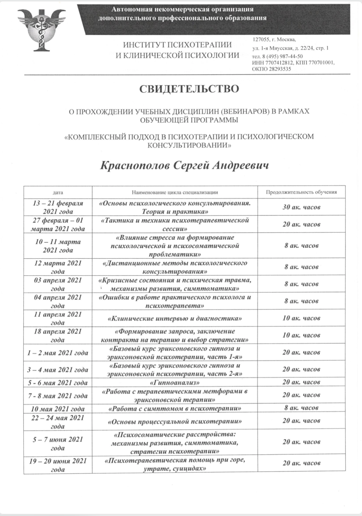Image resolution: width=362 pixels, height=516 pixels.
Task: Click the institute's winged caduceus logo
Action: (x=39, y=29)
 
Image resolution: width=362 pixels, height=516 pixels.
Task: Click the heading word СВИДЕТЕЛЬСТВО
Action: (x=189, y=89)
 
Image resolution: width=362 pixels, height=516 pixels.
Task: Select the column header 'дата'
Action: (x=58, y=192)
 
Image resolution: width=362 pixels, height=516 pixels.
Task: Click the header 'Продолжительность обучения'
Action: (x=301, y=192)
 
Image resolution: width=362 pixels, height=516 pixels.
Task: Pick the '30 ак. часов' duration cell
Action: (x=301, y=207)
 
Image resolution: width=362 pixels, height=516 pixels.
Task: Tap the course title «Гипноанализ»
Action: (x=175, y=383)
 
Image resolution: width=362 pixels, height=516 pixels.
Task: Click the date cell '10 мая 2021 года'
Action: (x=58, y=409)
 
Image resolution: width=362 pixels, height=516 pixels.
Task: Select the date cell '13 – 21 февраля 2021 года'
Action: (x=58, y=207)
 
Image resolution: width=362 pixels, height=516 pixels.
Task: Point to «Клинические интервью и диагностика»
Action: (x=175, y=318)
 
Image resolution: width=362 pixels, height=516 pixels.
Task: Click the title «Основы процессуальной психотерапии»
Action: (x=175, y=422)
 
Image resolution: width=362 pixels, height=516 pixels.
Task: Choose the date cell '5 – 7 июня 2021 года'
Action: (x=58, y=444)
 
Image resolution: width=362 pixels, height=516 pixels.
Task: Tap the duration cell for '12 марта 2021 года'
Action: (x=301, y=267)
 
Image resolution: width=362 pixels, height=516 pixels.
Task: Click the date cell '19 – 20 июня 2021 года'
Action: (x=58, y=465)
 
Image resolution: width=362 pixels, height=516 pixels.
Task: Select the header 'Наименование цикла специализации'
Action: (x=175, y=192)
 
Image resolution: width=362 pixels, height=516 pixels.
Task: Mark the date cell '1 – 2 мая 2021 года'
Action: (x=58, y=353)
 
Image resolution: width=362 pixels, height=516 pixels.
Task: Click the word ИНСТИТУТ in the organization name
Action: (x=140, y=45)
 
